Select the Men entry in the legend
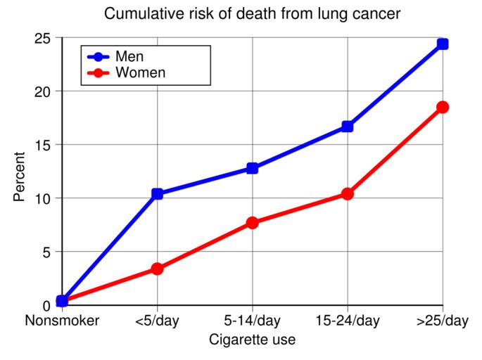[x=133, y=56]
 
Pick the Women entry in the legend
[x=140, y=72]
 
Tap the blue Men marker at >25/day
[x=443, y=44]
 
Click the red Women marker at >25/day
[x=443, y=107]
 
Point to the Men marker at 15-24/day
[x=348, y=127]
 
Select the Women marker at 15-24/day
[x=348, y=194]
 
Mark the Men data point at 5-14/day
[x=253, y=168]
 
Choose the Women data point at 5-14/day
[x=253, y=223]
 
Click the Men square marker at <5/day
[x=158, y=194]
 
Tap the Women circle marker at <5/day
[x=158, y=269]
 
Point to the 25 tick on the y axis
[x=43, y=38]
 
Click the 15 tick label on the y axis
[x=43, y=145]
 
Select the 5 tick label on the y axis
[x=47, y=252]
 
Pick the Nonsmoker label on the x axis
[x=62, y=322]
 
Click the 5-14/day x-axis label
[x=253, y=322]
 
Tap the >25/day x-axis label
[x=442, y=322]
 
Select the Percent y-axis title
[x=20, y=176]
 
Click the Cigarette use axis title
[x=253, y=340]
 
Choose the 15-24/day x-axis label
[x=348, y=322]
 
